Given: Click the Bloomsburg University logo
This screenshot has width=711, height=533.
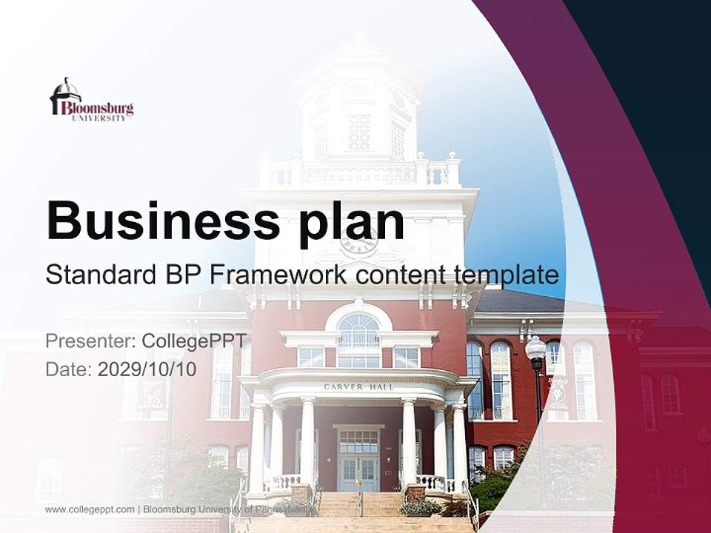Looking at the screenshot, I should (91, 100).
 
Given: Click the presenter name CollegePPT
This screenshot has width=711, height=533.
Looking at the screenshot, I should (194, 341).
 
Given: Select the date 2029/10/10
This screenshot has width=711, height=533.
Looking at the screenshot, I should (147, 369).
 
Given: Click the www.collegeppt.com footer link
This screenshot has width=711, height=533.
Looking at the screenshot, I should (90, 509).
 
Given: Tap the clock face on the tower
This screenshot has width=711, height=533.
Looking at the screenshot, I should (359, 241).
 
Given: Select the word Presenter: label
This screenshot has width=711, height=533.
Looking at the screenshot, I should (90, 341).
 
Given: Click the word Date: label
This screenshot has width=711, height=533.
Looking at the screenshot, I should (69, 369).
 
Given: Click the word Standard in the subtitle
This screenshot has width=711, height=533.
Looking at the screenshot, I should (100, 275).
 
